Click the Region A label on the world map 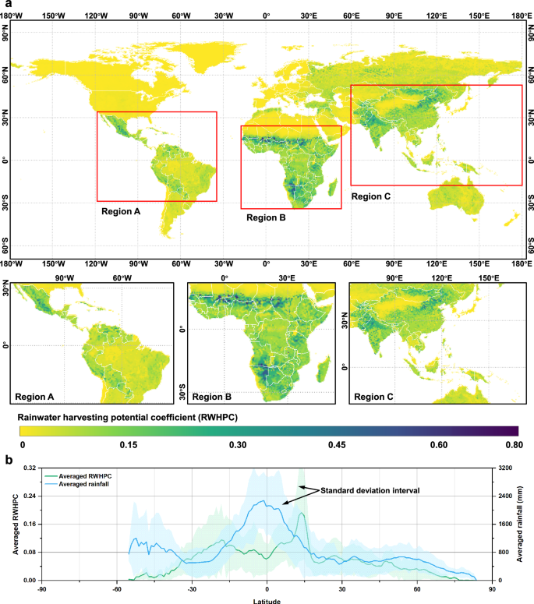pos(121,210)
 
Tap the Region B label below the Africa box pos(266,218)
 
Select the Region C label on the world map pos(371,196)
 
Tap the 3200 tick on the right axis pos(505,468)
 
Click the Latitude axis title pos(267,600)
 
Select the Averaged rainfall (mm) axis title pos(528,524)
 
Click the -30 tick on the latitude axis pos(192,588)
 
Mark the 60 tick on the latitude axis pos(417,588)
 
